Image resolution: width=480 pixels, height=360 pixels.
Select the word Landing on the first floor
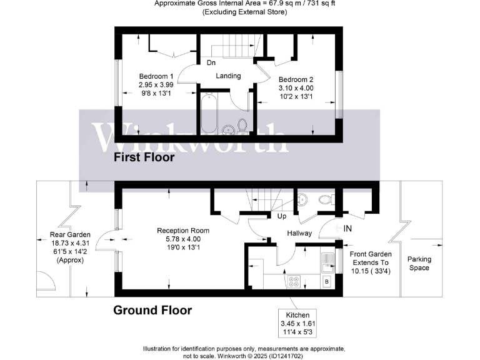tap(228, 76)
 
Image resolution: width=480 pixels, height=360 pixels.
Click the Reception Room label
tap(183, 231)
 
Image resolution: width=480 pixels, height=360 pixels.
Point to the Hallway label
tap(299, 232)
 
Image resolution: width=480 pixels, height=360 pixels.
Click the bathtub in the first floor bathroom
tap(209, 113)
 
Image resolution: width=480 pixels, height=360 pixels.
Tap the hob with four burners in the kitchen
tap(293, 281)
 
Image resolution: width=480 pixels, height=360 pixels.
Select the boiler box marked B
tap(326, 282)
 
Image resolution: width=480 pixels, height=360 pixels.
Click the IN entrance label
tap(348, 229)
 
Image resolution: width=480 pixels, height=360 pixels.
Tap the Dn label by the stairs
tap(211, 62)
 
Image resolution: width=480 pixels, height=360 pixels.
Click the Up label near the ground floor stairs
tap(282, 216)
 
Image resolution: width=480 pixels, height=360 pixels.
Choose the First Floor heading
tap(144, 158)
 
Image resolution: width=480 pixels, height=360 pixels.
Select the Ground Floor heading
tap(152, 310)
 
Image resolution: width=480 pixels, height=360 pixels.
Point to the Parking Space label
tap(419, 263)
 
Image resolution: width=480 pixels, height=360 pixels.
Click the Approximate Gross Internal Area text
tap(240, 4)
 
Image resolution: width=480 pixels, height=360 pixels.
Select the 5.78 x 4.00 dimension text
tap(183, 239)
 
